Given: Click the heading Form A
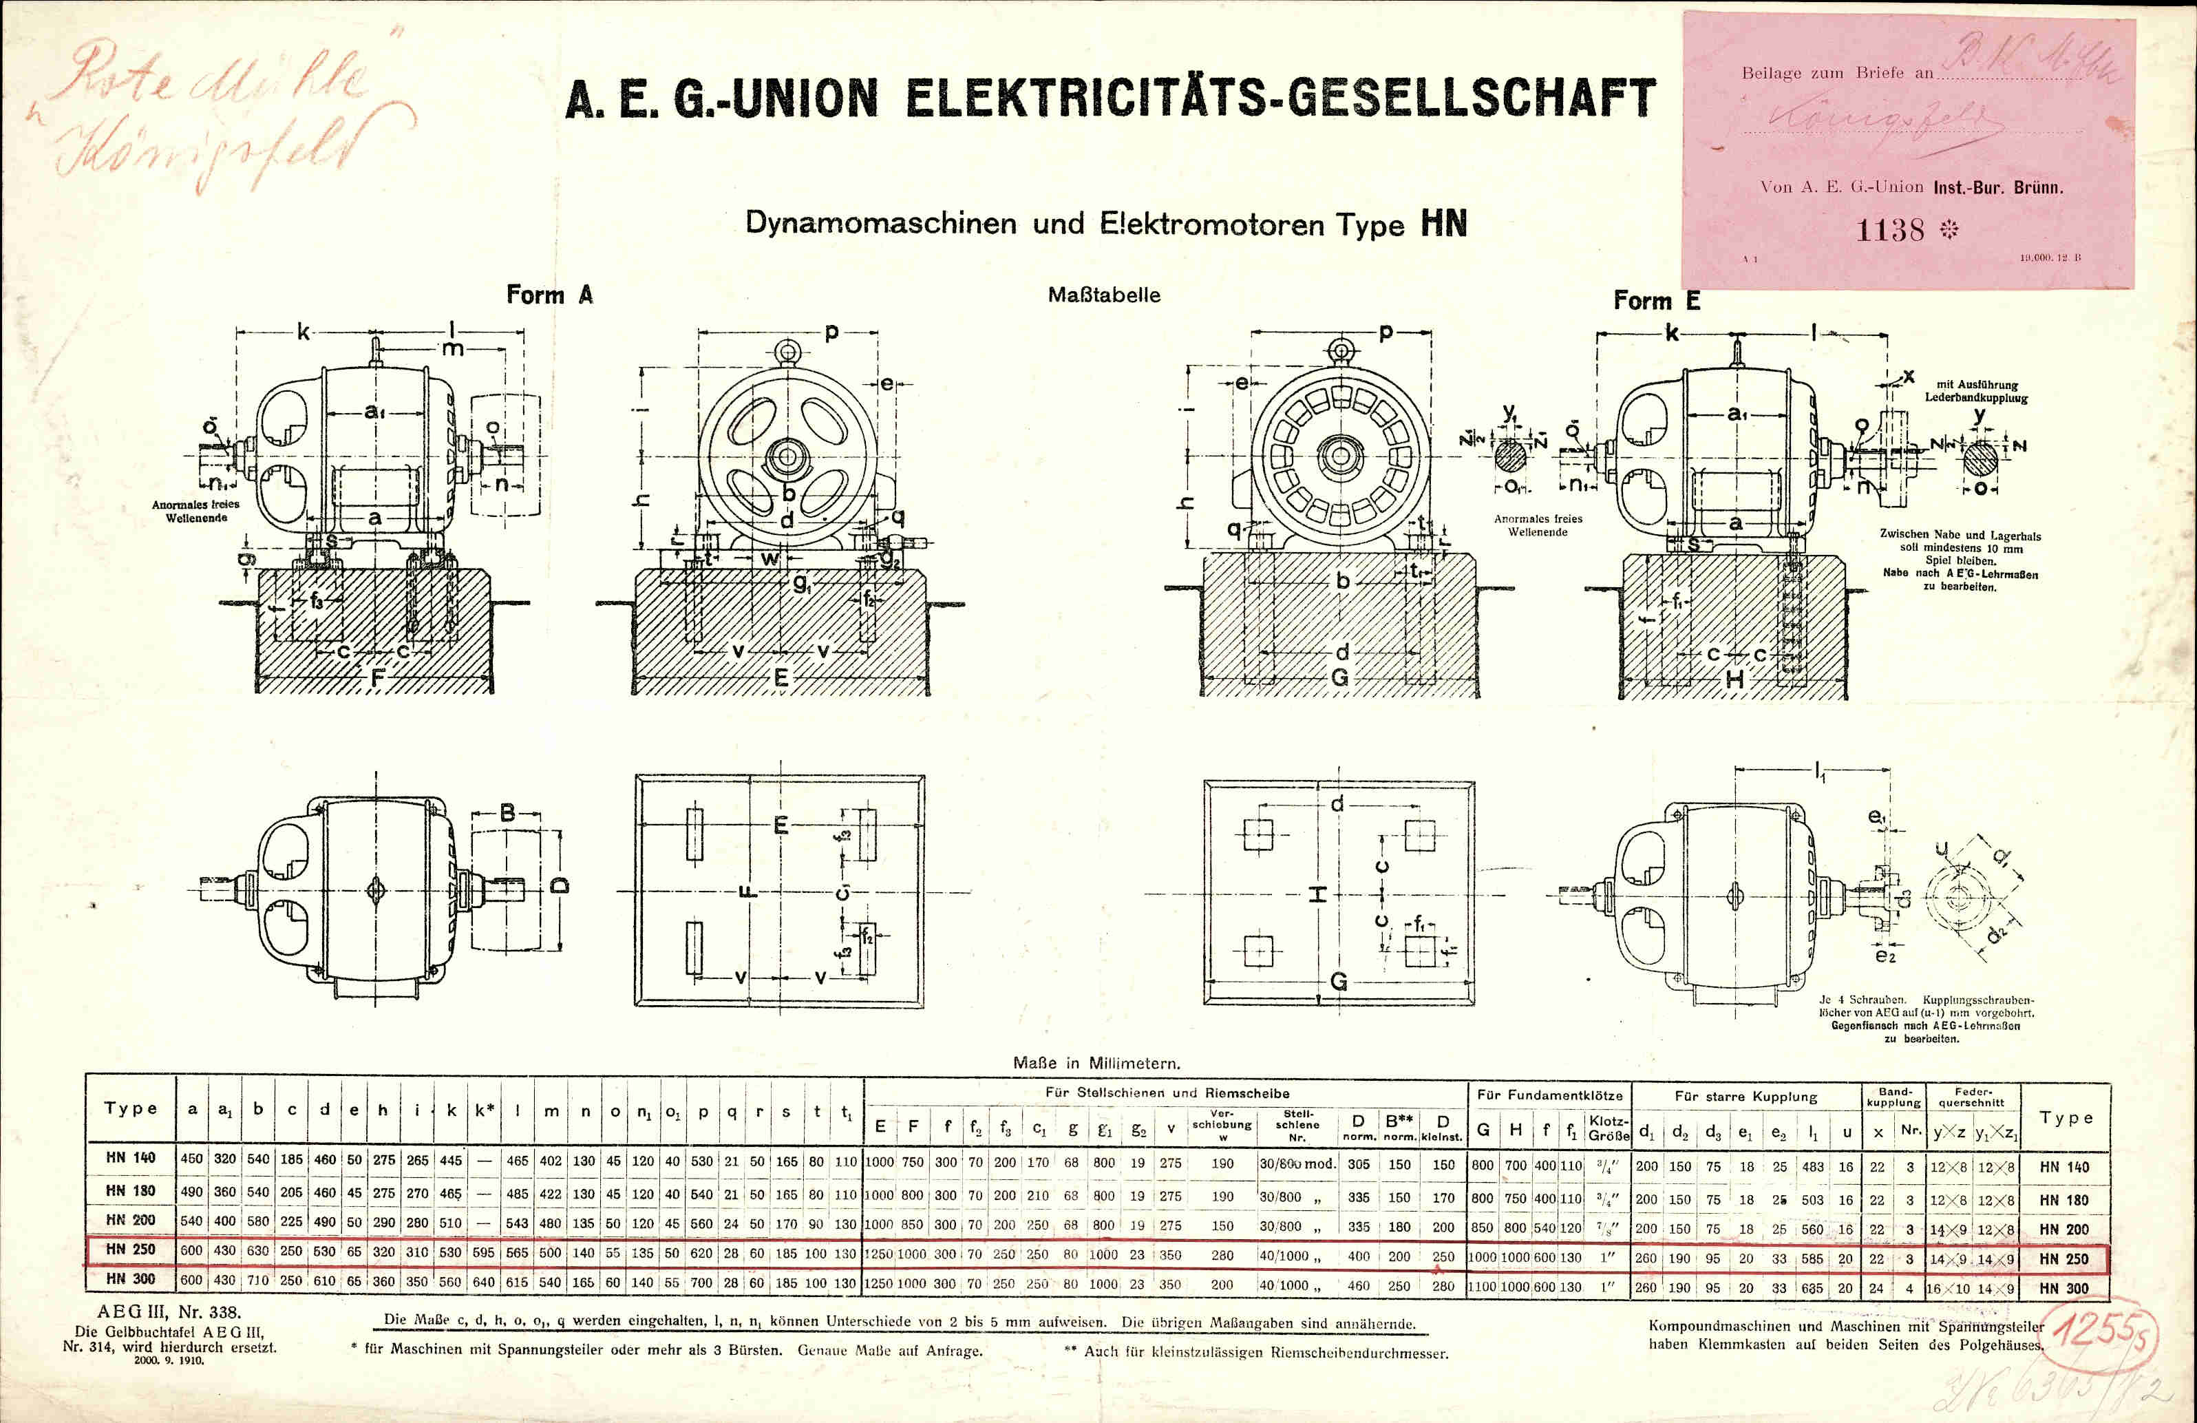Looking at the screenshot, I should point(549,295).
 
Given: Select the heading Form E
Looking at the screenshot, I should point(1656,301).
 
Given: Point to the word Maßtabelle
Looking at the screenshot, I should point(1104,295).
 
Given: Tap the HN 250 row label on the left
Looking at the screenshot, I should point(130,1250).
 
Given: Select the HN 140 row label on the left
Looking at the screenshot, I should point(130,1158).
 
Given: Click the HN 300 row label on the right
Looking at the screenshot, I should point(2063,1288).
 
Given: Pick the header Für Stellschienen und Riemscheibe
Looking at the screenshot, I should point(1167,1093).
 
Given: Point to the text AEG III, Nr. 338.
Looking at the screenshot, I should point(169,1312).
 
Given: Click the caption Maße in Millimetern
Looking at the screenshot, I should point(1096,1064).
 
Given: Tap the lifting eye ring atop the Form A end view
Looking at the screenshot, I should point(787,352).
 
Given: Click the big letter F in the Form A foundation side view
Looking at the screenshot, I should point(376,679).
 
